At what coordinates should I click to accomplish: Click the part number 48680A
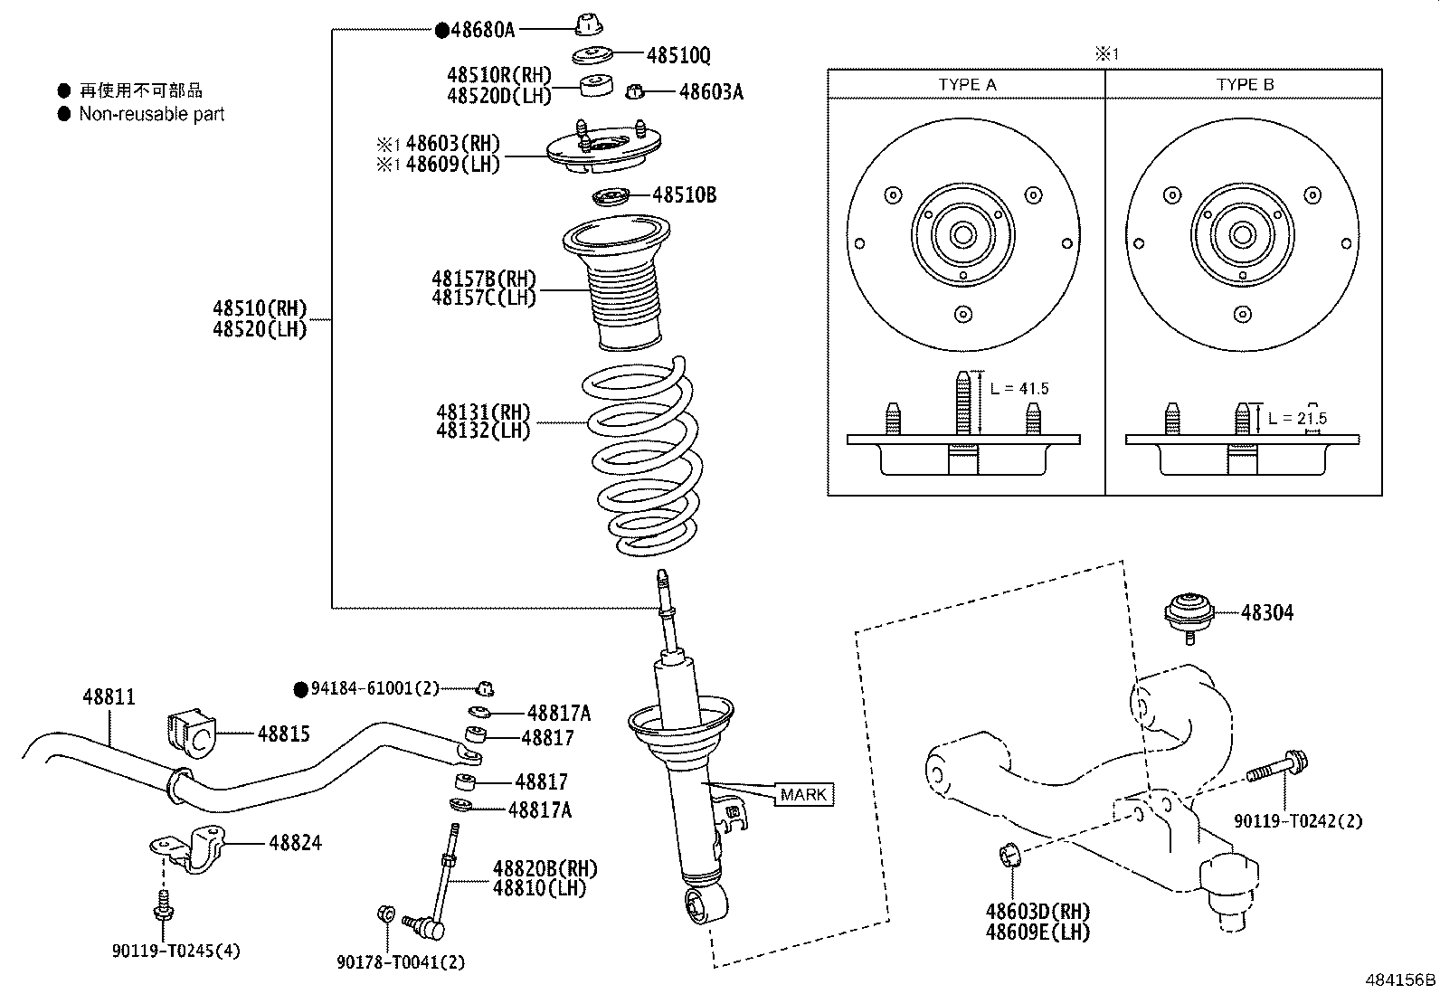[482, 30]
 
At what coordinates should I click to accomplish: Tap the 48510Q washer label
[678, 56]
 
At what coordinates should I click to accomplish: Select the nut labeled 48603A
[635, 91]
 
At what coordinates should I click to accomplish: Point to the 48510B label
[684, 194]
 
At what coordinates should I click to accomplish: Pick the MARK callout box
[803, 795]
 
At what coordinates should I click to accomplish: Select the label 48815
[283, 734]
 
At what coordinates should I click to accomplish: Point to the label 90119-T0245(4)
[176, 951]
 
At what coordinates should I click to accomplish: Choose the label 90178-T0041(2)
[401, 962]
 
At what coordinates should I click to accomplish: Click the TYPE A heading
[967, 84]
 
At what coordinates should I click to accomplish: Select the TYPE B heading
[1245, 84]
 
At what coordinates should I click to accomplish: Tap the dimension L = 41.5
[1018, 389]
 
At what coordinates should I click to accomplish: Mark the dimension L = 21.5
[1297, 418]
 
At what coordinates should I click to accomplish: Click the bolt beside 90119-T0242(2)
[1275, 769]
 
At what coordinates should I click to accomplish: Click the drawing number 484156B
[1400, 980]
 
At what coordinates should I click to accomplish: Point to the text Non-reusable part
[151, 114]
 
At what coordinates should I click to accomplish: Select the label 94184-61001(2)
[374, 688]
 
